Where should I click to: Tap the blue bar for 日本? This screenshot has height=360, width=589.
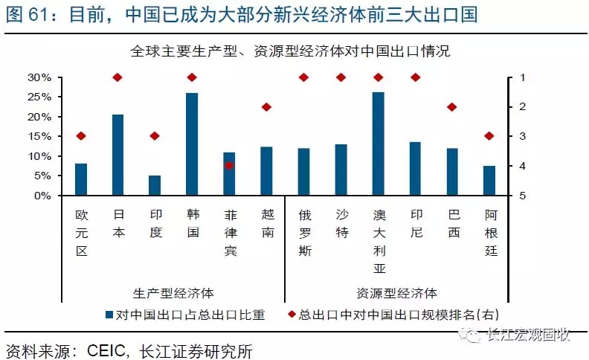118,155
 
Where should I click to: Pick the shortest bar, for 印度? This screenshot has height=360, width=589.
155,185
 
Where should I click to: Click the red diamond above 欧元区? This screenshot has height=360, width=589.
80,136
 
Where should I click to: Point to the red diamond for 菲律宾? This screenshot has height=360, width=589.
229,165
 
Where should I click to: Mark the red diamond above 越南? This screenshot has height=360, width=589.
266,107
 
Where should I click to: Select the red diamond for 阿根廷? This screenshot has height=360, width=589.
489,136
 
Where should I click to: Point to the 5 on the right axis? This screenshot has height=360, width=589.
523,196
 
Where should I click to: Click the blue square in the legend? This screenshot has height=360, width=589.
109,315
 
